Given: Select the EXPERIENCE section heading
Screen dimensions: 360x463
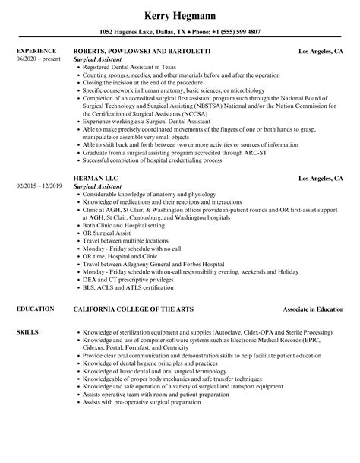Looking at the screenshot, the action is pos(36,51).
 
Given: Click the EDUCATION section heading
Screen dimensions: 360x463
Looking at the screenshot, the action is pos(34,288).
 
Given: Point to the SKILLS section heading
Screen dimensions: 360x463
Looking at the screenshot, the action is pos(27,310).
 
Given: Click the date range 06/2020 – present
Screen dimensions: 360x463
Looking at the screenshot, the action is pos(38,59).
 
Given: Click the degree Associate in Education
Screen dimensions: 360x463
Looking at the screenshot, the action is pos(309,288).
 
